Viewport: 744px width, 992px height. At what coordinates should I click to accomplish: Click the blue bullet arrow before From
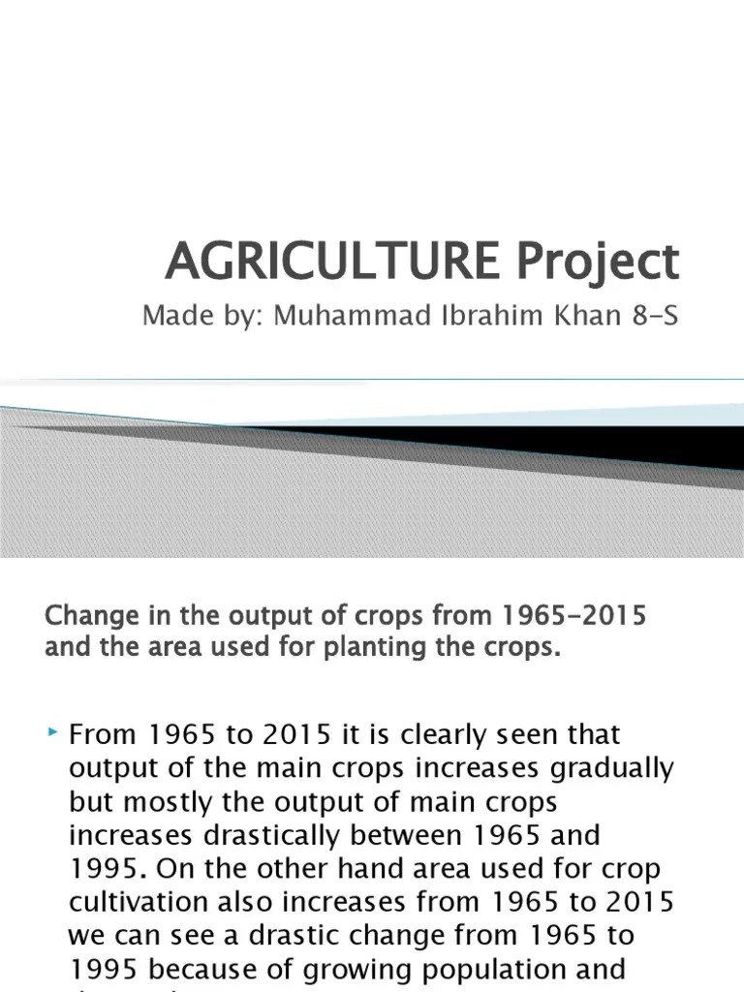53,737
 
